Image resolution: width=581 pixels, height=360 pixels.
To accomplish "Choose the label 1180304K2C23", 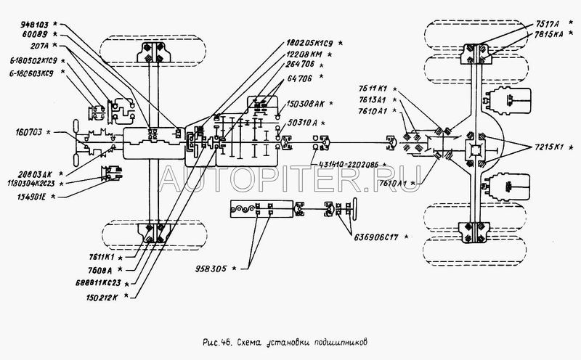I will pyautogui.click(x=30, y=184).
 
